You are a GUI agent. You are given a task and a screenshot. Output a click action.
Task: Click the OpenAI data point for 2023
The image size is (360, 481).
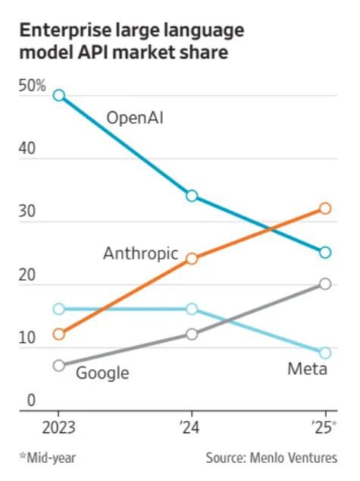[x=58, y=96]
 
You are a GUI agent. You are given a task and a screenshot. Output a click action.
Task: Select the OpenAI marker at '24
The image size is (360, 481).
[x=192, y=196]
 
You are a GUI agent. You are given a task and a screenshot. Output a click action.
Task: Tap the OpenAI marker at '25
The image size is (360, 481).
[x=325, y=253]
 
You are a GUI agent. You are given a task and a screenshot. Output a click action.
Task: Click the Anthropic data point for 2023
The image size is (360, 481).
[x=58, y=334]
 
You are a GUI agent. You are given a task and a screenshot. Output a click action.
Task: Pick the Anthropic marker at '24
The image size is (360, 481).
[x=192, y=259]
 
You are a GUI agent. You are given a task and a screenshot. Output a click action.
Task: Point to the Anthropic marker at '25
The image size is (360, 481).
[x=325, y=208]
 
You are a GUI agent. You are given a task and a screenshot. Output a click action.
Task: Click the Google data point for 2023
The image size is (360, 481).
[x=58, y=366]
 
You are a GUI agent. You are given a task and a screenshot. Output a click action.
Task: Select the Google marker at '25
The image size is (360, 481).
[x=325, y=284]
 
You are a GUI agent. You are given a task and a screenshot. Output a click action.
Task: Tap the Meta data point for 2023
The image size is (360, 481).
[x=58, y=309]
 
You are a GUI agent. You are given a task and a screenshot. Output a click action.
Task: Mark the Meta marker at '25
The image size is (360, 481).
[x=325, y=353]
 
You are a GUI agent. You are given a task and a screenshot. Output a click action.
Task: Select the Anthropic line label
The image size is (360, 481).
[x=140, y=253]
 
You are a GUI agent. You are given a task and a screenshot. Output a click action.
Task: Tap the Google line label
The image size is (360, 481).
[x=102, y=373]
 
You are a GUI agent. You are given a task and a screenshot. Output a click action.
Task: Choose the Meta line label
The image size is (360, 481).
[x=307, y=369]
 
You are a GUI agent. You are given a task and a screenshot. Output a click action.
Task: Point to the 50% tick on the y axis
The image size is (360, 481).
[x=33, y=87]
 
